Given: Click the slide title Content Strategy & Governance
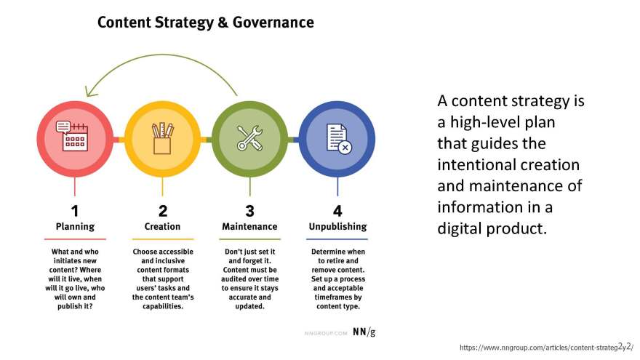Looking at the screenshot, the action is pyautogui.click(x=206, y=23).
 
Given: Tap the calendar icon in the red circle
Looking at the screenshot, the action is pyautogui.click(x=72, y=136).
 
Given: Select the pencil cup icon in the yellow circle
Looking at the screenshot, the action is pyautogui.click(x=162, y=138).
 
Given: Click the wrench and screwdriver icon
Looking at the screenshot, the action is pyautogui.click(x=249, y=137).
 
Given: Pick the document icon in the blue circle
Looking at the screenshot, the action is pyautogui.click(x=339, y=139).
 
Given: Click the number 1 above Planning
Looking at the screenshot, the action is pyautogui.click(x=75, y=211).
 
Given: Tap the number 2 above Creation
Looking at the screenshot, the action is pyautogui.click(x=163, y=211).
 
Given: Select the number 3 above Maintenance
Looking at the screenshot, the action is pyautogui.click(x=249, y=211).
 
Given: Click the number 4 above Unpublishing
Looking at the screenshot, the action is pyautogui.click(x=337, y=211).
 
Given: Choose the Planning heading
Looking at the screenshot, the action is pyautogui.click(x=75, y=226).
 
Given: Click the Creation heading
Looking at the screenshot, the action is pyautogui.click(x=162, y=226).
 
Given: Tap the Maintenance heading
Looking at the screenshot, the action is pyautogui.click(x=249, y=226).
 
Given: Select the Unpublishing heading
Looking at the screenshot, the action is pyautogui.click(x=338, y=226).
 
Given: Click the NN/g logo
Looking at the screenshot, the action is pyautogui.click(x=364, y=332).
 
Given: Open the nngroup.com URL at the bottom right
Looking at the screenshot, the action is pyautogui.click(x=546, y=348).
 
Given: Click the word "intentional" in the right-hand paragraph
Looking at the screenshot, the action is pyautogui.click(x=508, y=165).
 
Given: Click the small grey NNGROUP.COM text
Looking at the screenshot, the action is pyautogui.click(x=326, y=334).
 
